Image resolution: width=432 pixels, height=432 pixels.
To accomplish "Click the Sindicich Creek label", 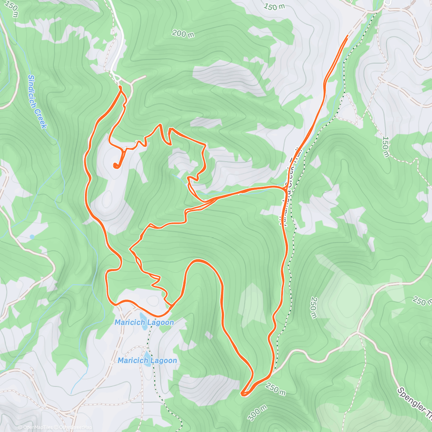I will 37,101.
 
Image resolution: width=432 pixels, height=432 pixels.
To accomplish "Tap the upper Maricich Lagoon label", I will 144,323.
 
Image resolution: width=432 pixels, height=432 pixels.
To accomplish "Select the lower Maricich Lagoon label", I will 147,360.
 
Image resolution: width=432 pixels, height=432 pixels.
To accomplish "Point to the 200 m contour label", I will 183,34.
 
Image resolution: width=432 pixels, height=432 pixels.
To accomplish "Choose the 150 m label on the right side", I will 386,147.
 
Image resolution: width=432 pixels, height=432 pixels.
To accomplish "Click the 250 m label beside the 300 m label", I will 276,389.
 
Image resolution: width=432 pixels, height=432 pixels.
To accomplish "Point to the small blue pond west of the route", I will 32,237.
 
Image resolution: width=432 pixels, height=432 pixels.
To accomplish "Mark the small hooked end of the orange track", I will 116,166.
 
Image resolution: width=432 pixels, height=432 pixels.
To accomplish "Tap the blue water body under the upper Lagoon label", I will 143,316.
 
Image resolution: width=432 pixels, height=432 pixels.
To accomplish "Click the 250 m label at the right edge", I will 420,301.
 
